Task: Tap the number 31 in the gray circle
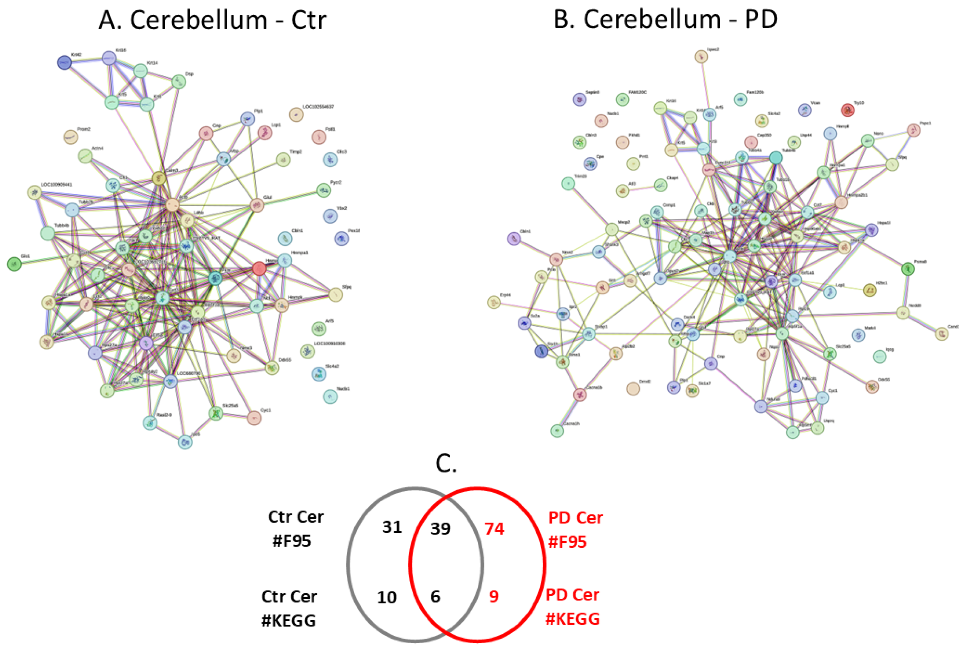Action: click(392, 527)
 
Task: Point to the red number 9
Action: click(494, 597)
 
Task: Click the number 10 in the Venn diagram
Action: click(387, 598)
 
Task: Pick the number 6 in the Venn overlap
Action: click(435, 597)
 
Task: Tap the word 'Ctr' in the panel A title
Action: click(308, 20)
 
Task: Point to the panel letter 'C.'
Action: click(446, 464)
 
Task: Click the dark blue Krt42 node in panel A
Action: click(65, 62)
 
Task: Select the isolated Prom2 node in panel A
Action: click(71, 137)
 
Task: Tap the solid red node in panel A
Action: click(259, 268)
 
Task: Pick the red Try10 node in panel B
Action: click(848, 110)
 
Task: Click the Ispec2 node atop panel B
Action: click(701, 57)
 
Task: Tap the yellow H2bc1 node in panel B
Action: click(869, 290)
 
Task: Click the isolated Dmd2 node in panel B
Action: click(633, 389)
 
